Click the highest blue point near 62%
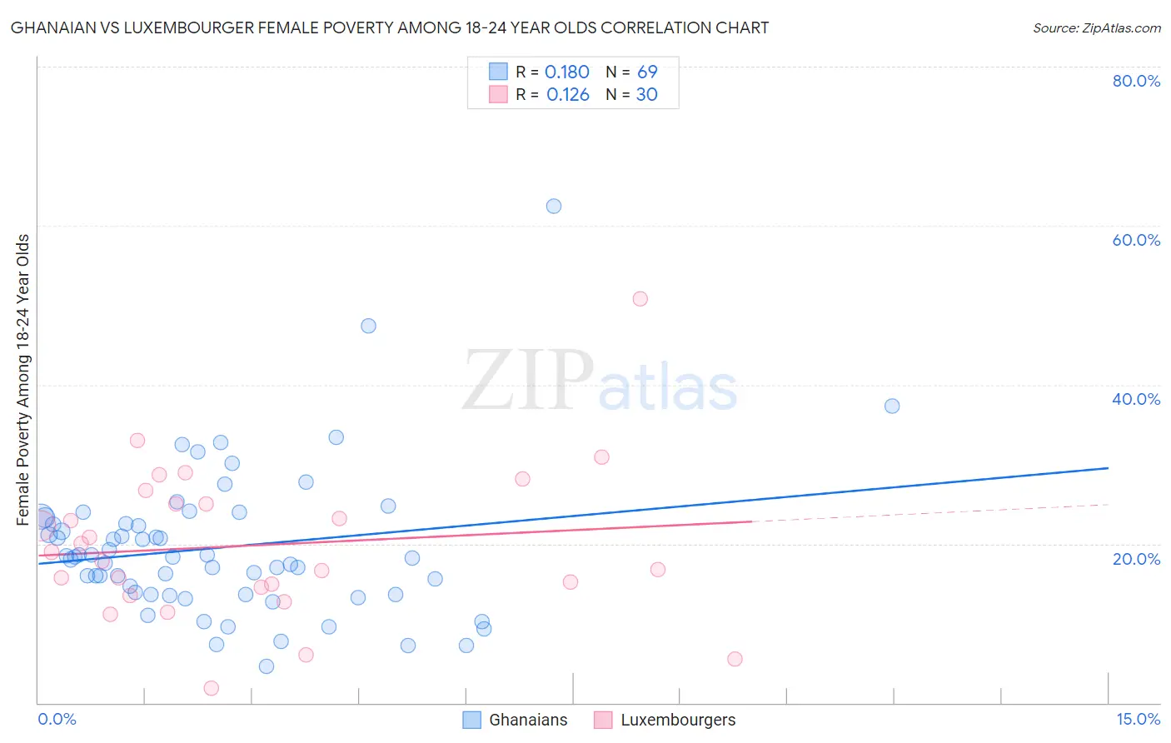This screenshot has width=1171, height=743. coord(554,206)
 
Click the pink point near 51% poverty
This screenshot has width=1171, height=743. coord(640,299)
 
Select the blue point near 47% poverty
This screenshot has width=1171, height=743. coord(368,326)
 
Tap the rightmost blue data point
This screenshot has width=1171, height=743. coord(892,406)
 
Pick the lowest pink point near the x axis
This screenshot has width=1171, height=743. coord(212,688)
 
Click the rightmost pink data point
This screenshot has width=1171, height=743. coord(735,659)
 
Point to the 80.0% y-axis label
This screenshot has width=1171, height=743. coord(1136,81)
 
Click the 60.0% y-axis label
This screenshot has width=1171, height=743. coord(1136,240)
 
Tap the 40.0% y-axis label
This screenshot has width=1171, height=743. coord(1136,399)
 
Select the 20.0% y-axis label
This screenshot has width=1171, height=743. coord(1136,559)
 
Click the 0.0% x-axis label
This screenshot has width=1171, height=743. coord(57,719)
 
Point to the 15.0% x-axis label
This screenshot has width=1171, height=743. coord(1138,719)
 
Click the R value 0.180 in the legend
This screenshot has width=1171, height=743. coord(566,72)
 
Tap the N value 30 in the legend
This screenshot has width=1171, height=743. coord(646,95)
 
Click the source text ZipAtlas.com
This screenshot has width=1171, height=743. coord(1096,27)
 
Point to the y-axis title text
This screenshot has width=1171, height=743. coord(23,380)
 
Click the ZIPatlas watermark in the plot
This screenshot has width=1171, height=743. coord(600,381)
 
